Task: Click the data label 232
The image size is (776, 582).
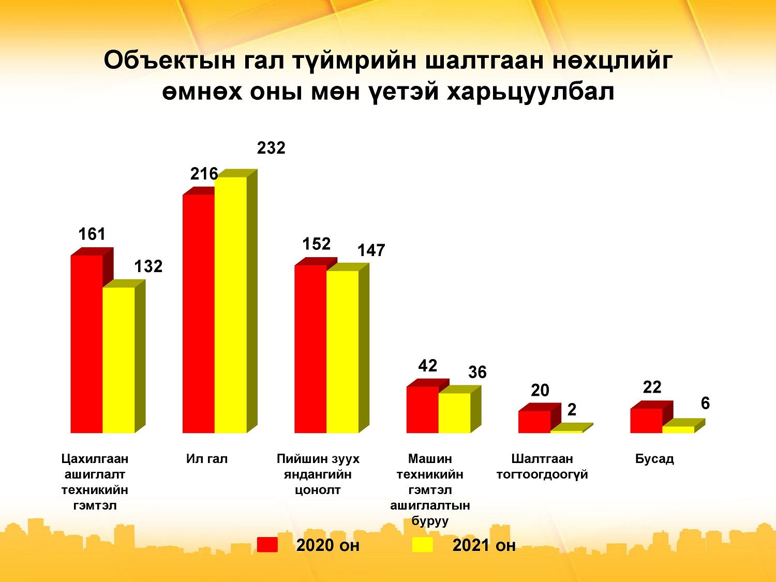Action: [x=271, y=148]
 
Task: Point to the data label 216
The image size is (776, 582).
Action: [x=204, y=174]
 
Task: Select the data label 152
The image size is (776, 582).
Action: [x=317, y=244]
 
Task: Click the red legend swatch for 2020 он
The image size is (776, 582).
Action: [x=267, y=545]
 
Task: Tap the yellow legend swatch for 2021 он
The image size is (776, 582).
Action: [x=423, y=545]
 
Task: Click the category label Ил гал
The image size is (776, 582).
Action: [x=207, y=459]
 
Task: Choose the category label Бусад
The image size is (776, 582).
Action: [x=654, y=459]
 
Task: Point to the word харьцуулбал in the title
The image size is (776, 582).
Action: [x=530, y=93]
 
